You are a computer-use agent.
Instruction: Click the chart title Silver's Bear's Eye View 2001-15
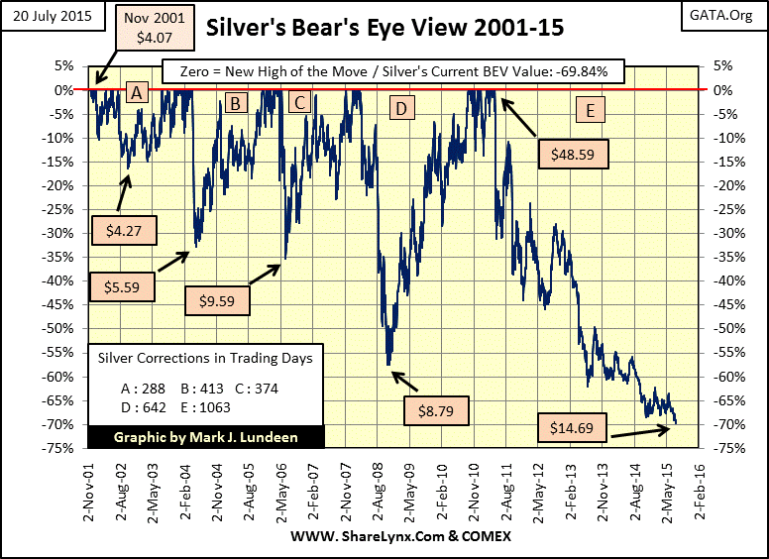[384, 29]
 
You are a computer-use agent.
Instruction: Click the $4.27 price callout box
[122, 230]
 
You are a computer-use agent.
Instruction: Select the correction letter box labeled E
[590, 110]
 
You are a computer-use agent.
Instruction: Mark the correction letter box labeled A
[137, 93]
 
